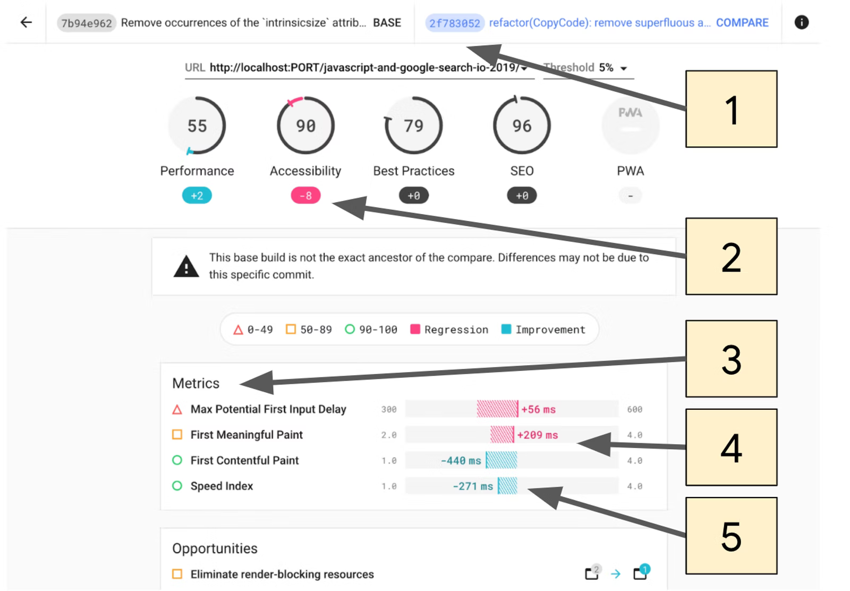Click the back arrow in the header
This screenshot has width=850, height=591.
coord(26,22)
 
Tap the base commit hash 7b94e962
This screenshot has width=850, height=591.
coord(87,23)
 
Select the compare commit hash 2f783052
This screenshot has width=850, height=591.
coord(455,23)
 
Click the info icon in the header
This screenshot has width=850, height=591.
coord(802,22)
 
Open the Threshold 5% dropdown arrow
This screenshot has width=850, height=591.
coord(624,69)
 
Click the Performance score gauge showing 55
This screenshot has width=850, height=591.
coord(197,125)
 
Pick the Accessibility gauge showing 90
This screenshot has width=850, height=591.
coord(305,125)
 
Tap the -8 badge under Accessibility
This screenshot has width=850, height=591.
coord(305,196)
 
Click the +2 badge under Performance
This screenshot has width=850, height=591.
coord(197,196)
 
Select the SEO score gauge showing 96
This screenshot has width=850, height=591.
coord(522,125)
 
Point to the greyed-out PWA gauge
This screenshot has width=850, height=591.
coord(630,125)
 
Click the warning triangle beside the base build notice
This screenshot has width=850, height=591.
coord(186,266)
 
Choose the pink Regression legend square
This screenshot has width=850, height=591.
coord(415,329)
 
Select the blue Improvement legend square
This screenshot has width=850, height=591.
coord(506,329)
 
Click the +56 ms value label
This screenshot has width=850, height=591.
coord(539,410)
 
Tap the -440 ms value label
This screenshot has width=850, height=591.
coord(461,461)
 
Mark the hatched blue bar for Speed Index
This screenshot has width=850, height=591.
coord(507,486)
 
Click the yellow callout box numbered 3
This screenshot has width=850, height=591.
coord(731,359)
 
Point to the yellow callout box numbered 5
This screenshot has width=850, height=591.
coord(731,536)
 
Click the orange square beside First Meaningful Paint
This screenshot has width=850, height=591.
coord(177,435)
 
